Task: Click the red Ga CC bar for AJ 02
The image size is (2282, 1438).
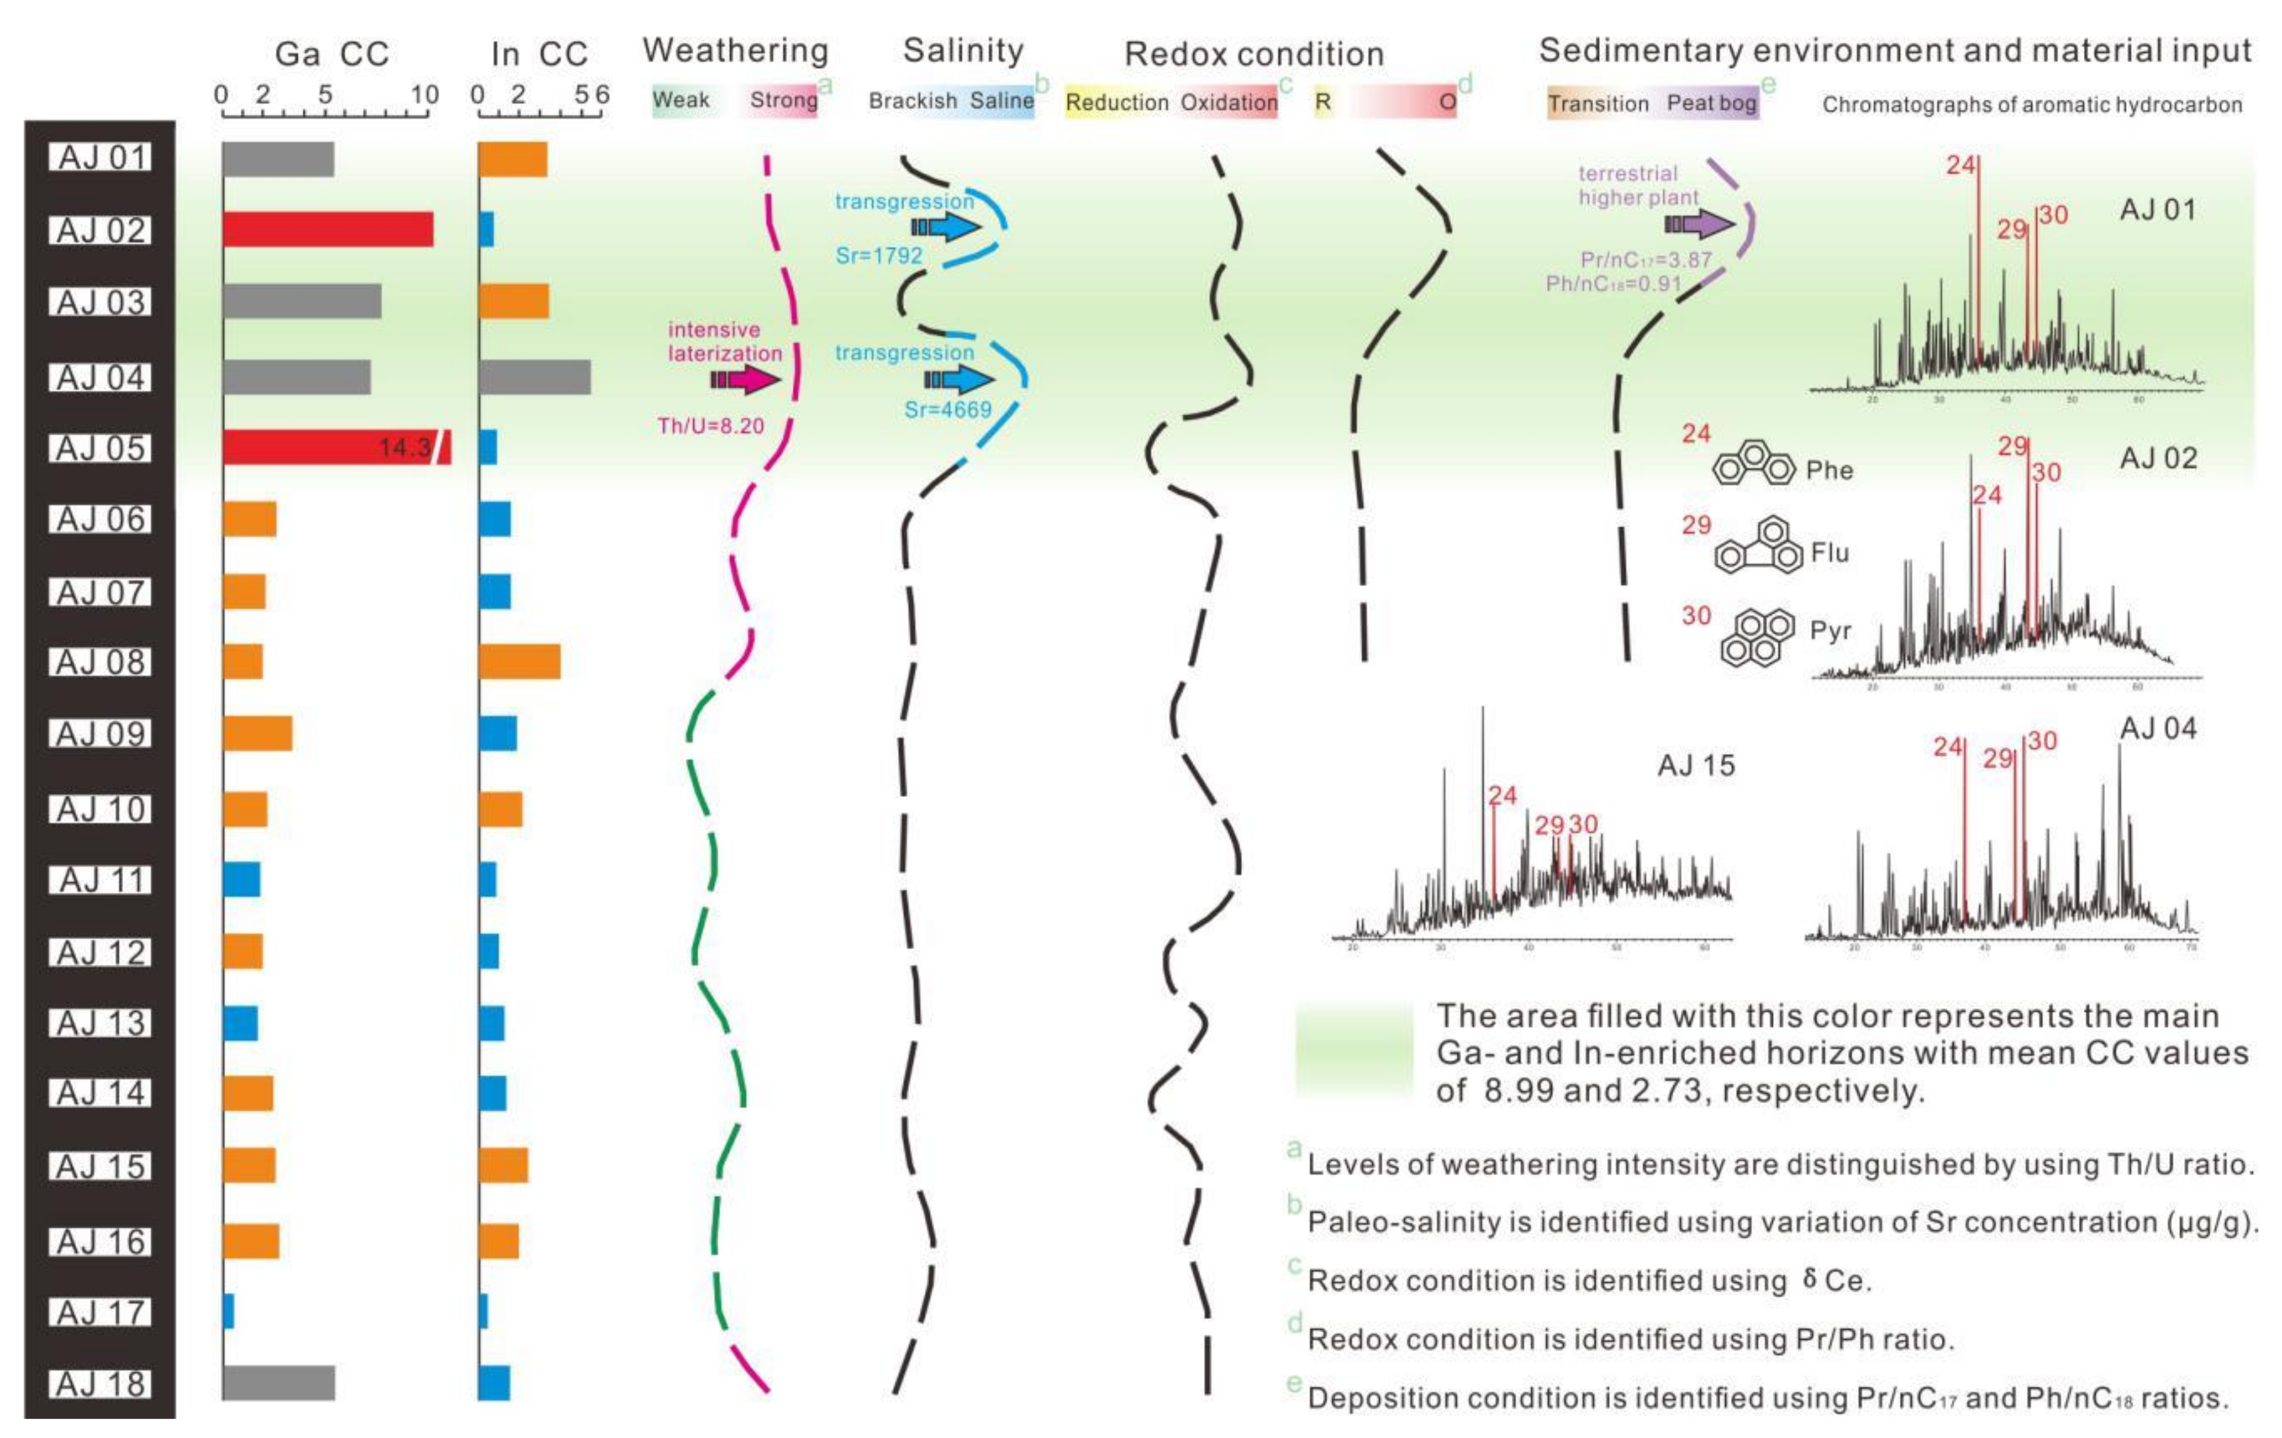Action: [328, 229]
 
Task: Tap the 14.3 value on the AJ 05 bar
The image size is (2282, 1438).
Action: [405, 447]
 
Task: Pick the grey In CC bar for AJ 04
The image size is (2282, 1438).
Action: [535, 377]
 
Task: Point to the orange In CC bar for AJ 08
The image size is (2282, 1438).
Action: [519, 661]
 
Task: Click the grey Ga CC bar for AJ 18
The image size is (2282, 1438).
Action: [279, 1383]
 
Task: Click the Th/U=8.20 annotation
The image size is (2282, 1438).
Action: [711, 426]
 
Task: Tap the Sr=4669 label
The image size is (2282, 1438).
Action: [948, 409]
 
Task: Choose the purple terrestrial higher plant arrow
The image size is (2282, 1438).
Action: [1700, 225]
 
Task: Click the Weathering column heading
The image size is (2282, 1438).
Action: [736, 50]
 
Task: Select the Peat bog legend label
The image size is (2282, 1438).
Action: [1712, 103]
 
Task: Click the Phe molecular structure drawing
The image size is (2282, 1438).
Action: [1753, 464]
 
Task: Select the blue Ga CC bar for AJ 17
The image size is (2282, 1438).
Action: [229, 1312]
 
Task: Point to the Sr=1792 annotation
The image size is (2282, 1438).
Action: [878, 255]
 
